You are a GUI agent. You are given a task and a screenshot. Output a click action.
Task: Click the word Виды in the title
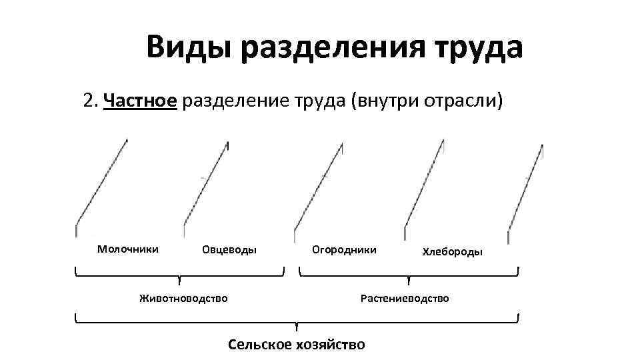pyautogui.click(x=189, y=48)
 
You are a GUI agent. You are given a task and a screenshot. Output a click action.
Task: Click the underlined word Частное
pyautogui.click(x=141, y=101)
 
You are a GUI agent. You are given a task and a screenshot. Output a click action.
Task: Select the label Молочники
pyautogui.click(x=128, y=249)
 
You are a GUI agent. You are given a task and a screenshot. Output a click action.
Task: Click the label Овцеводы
pyautogui.click(x=229, y=251)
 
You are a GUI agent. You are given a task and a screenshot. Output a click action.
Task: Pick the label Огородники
pyautogui.click(x=344, y=250)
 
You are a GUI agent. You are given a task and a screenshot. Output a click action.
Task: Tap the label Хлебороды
pyautogui.click(x=453, y=252)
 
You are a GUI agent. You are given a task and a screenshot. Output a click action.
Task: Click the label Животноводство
pyautogui.click(x=183, y=298)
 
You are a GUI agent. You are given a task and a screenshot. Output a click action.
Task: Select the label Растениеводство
pyautogui.click(x=405, y=298)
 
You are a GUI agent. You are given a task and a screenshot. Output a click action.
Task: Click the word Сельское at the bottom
pyautogui.click(x=260, y=345)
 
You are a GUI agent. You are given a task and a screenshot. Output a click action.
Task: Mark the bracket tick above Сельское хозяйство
pyautogui.click(x=296, y=327)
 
